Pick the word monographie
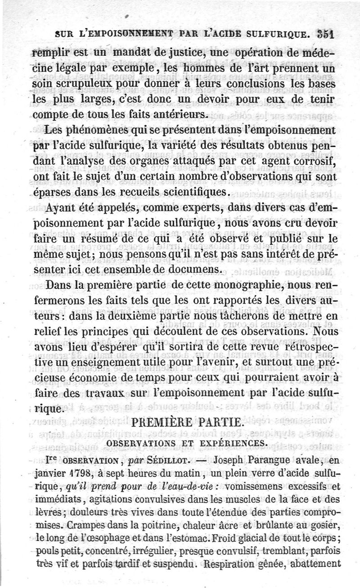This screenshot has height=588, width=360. (225, 285)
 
